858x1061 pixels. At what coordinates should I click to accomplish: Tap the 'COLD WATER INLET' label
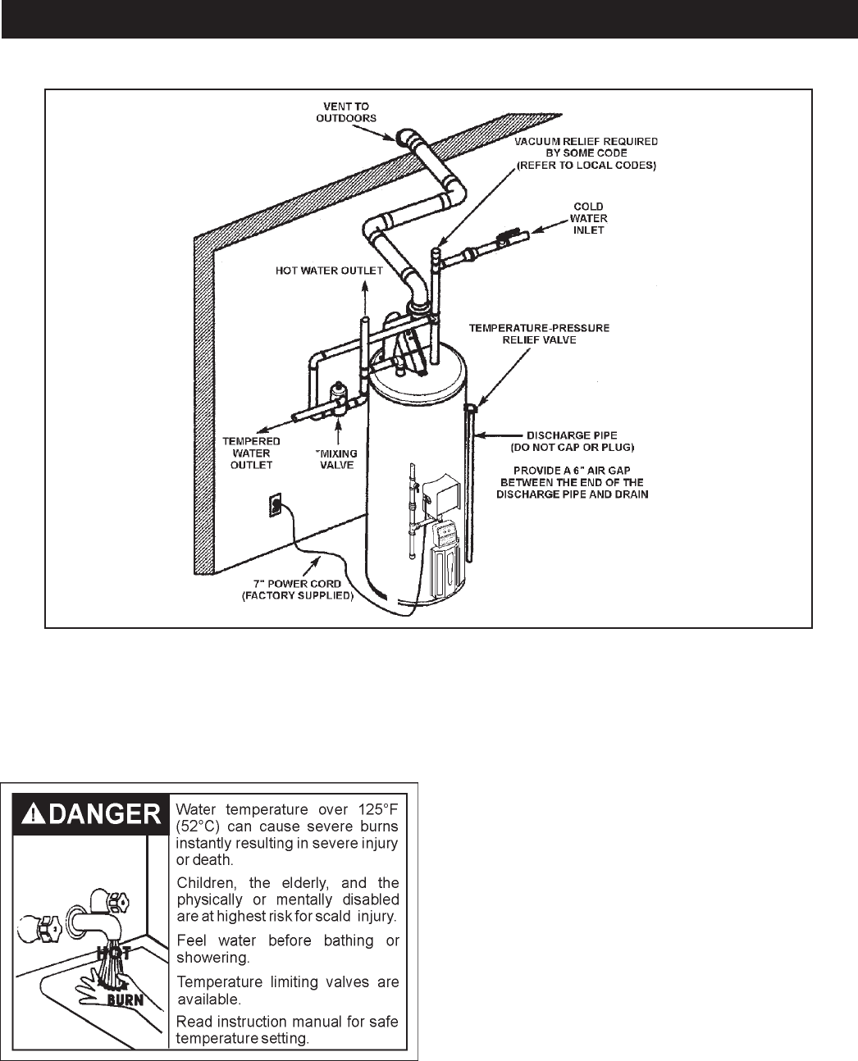coord(589,218)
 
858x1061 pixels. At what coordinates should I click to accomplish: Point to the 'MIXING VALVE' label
coord(337,458)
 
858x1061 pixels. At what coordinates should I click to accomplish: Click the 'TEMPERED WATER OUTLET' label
coord(252,453)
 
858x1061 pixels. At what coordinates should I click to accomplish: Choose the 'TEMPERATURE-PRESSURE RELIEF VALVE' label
coord(539,334)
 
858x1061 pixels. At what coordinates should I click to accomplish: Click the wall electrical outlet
coord(276,506)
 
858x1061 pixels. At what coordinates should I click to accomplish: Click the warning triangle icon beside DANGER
coord(31,813)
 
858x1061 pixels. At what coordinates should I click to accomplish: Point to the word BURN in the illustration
coord(125,999)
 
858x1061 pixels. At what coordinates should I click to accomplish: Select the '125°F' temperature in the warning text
coord(377,806)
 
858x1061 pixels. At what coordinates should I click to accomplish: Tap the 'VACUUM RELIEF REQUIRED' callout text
coord(586,141)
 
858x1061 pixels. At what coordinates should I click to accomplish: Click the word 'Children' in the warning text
coord(206,883)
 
